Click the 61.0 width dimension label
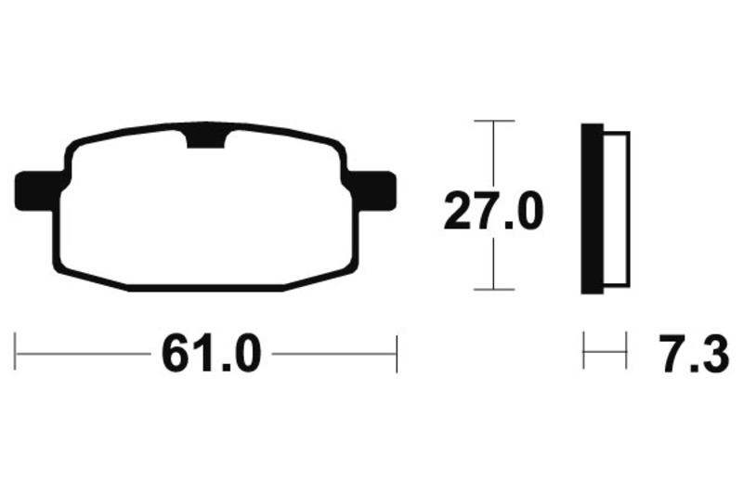click(x=212, y=354)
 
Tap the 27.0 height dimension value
click(x=493, y=211)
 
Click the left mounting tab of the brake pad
click(x=36, y=191)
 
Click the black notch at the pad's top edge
click(x=206, y=138)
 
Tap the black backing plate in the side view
click(x=592, y=208)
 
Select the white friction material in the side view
click(x=617, y=209)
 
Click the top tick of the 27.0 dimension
click(x=494, y=122)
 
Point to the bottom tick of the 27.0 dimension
click(x=494, y=289)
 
